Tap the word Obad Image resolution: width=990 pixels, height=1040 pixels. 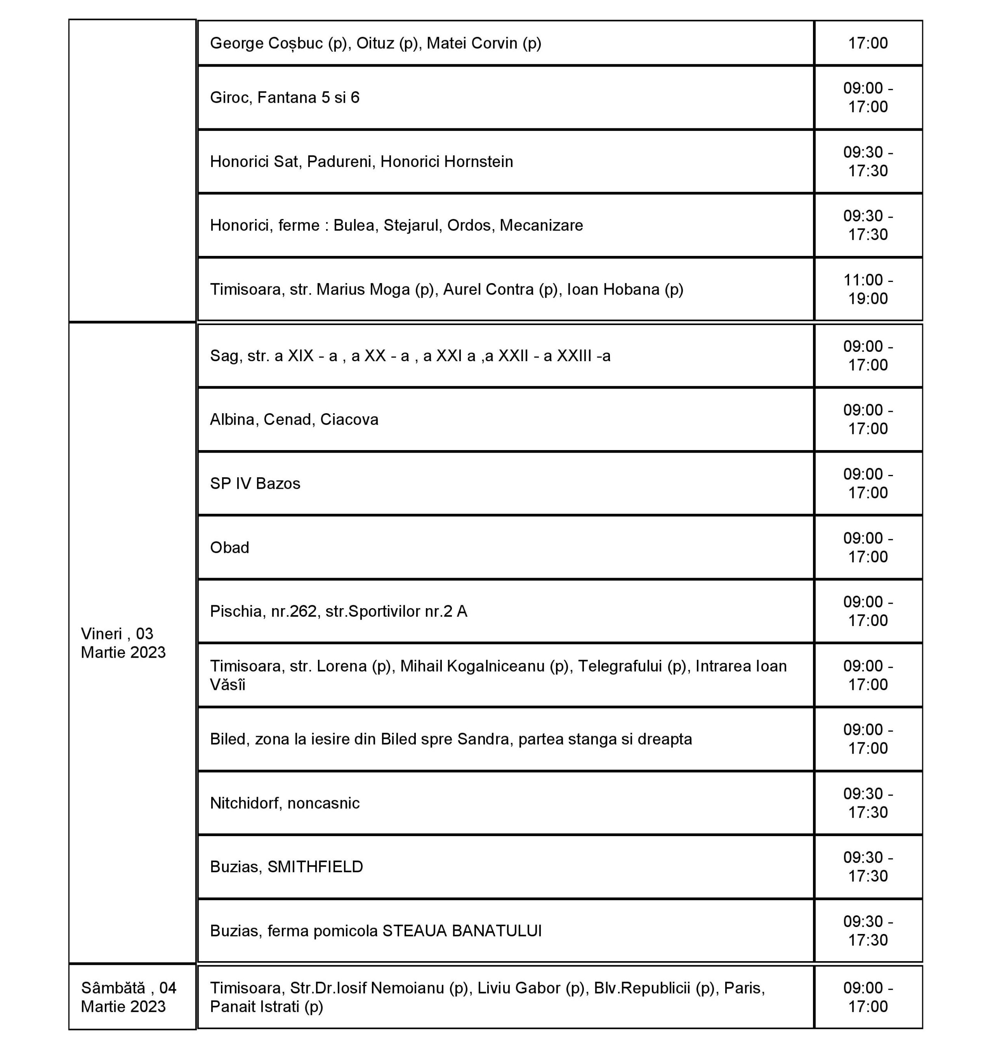click(x=229, y=548)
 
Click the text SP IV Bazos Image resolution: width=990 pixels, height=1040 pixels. click(x=255, y=483)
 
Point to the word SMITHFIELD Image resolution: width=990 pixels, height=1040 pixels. click(x=315, y=867)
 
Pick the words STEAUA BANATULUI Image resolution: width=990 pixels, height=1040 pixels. click(x=462, y=931)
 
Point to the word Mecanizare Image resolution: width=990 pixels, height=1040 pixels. click(x=541, y=225)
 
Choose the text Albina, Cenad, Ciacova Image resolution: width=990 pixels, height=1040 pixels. click(x=294, y=420)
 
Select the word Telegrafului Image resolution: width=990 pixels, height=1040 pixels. click(x=620, y=666)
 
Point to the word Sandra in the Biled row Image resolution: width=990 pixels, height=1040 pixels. click(x=485, y=739)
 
